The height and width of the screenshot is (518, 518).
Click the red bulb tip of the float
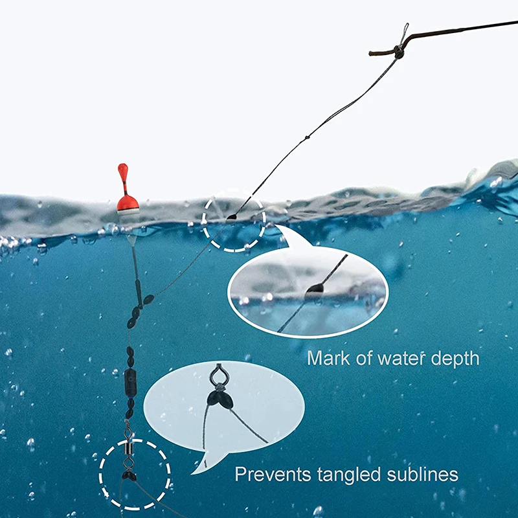(x=122, y=172)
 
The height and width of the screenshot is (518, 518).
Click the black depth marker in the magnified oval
(x=314, y=289)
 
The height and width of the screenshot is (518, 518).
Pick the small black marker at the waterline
(x=231, y=217)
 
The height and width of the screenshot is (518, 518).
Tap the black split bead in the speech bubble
(x=220, y=399)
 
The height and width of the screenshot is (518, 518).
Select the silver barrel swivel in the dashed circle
(x=128, y=447)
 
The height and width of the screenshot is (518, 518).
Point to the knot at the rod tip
(x=399, y=52)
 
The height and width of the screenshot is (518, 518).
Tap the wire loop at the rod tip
(x=404, y=33)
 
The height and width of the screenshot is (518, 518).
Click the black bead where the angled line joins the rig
(x=148, y=299)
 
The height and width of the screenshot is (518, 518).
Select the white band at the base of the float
(x=128, y=212)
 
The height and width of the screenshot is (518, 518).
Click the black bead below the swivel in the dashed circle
(x=128, y=476)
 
